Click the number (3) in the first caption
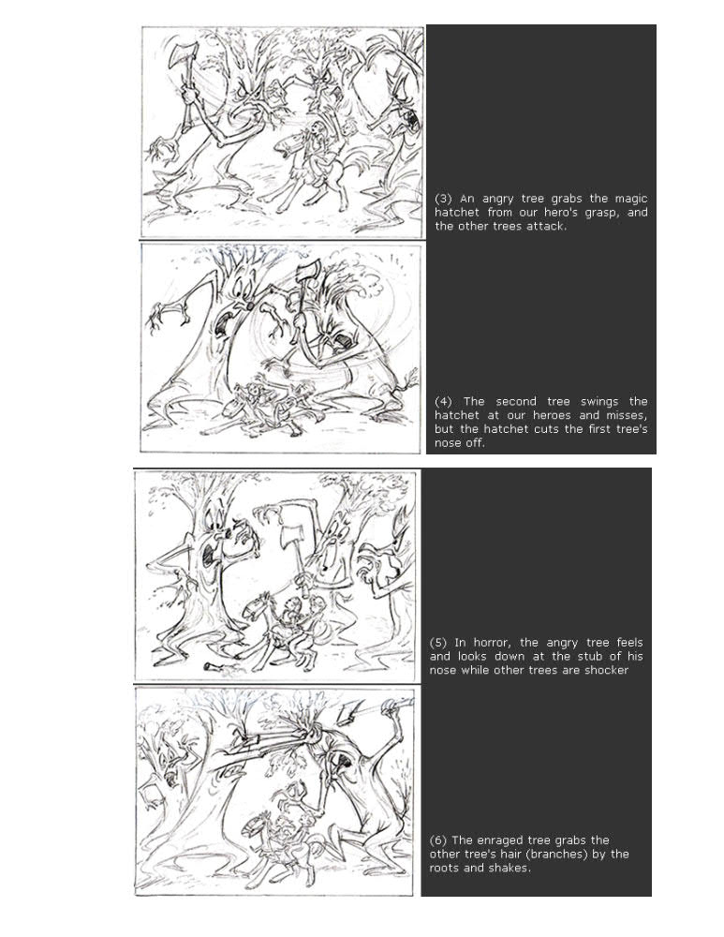click(443, 199)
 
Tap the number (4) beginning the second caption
click(443, 402)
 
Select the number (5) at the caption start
click(437, 643)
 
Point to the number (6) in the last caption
click(437, 840)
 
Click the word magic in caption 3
click(631, 199)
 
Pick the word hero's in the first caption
click(560, 213)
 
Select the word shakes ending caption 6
click(510, 868)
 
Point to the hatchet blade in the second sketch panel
click(307, 272)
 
